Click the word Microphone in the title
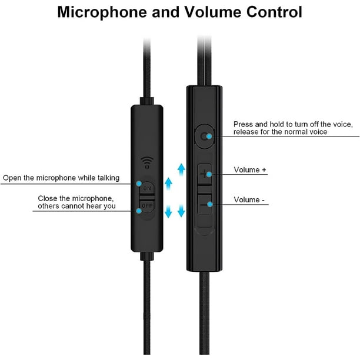(102, 12)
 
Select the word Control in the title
(274, 12)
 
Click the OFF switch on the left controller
(147, 206)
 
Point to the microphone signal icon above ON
(147, 162)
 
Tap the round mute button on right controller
(204, 136)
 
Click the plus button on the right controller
(204, 174)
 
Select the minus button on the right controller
(204, 204)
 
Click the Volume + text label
(250, 169)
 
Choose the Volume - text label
(249, 199)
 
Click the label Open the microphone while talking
(61, 178)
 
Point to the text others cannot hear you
(76, 206)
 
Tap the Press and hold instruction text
(293, 128)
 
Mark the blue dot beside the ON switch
(138, 184)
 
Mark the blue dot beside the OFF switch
(138, 211)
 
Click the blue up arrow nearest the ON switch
(168, 184)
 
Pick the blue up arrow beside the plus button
(181, 169)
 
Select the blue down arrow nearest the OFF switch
(168, 211)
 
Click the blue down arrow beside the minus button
(181, 211)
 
